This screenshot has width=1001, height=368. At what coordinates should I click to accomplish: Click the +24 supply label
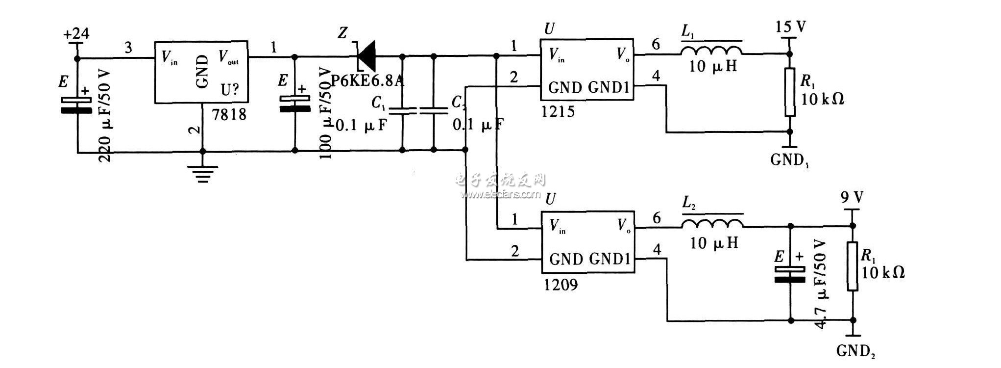point(76,34)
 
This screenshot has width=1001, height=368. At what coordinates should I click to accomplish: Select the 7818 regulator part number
point(229,115)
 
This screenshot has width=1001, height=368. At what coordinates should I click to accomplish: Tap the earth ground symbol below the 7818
point(202,172)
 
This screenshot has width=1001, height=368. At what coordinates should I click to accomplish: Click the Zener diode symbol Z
point(366,56)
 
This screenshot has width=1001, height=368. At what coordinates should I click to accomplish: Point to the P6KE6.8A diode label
point(367,80)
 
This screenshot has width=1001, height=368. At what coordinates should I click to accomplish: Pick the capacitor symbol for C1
point(402,111)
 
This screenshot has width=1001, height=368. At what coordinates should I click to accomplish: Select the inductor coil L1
point(711,51)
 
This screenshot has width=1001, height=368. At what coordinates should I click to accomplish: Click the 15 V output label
point(790,26)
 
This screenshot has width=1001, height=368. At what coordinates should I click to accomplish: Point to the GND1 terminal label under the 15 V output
point(790,160)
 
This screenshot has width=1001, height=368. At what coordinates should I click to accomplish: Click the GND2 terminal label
point(855,351)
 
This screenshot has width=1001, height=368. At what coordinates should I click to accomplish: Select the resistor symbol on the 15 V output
point(790,92)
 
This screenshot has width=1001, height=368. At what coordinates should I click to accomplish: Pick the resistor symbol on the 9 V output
point(853,266)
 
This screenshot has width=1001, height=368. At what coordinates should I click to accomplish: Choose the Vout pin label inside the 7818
point(228,59)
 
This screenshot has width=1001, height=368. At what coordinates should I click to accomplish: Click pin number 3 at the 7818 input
point(128,48)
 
